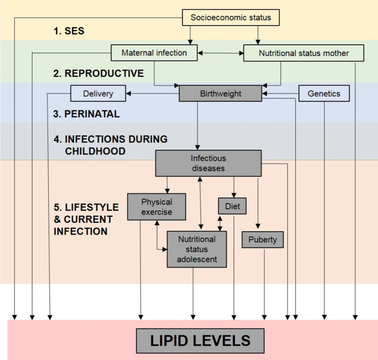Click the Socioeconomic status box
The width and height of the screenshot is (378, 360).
[231, 18]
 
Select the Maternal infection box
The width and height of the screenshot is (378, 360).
[154, 53]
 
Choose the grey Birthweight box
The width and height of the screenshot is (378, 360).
[221, 93]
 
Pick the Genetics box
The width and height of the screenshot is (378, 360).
[324, 93]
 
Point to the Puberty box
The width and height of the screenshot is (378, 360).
[262, 239]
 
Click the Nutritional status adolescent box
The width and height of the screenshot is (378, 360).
[197, 249]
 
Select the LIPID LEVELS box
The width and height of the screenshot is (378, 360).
[200, 340]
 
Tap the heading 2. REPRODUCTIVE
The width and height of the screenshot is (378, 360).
[98, 73]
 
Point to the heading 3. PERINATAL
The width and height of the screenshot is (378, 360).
[86, 114]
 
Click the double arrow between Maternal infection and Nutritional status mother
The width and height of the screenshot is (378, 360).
[220, 53]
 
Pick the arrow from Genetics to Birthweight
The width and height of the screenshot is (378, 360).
[281, 93]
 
